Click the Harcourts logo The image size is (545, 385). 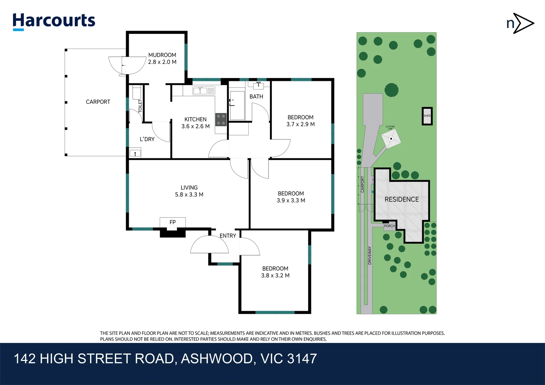tap(54, 21)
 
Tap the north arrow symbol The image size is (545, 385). tap(520, 24)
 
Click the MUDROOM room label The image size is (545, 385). tap(162, 55)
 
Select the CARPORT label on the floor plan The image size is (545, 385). tap(98, 102)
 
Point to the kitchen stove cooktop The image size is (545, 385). tap(221, 119)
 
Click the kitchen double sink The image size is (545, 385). tap(204, 91)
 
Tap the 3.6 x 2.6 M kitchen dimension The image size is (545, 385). tap(195, 126)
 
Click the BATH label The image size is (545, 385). tap(256, 97)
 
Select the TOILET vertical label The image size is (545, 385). tap(140, 106)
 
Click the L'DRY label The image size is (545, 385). tap(147, 139)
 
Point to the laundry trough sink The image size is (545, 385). tap(135, 154)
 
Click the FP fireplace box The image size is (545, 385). tap(173, 222)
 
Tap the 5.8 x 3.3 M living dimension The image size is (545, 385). tap(189, 195)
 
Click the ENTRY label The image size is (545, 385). tap(228, 236)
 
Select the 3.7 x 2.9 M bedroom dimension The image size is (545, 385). tap(300, 124)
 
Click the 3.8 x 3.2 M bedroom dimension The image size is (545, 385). tap(275, 276)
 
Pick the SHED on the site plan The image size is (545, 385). tap(427, 116)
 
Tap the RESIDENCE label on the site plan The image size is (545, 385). tap(402, 200)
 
